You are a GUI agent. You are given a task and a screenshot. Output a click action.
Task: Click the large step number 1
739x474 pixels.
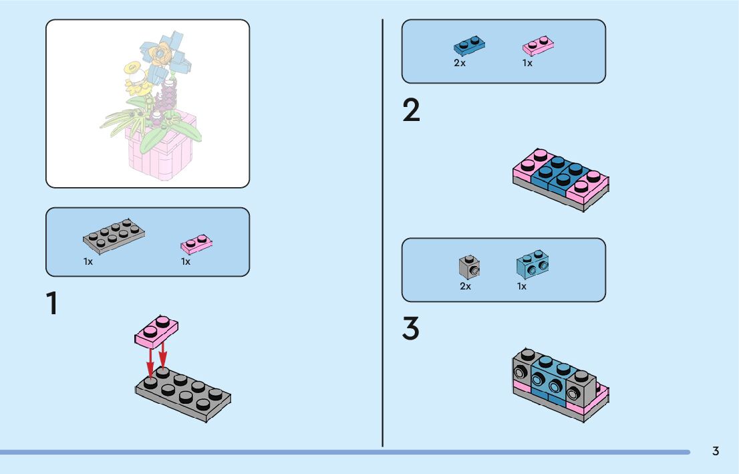pos(51,304)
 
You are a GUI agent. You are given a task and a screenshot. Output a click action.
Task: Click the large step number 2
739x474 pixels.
pos(412,111)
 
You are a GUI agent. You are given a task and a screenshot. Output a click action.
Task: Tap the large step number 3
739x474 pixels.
pos(411,329)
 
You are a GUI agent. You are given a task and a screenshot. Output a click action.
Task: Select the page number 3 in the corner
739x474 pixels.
pos(716,451)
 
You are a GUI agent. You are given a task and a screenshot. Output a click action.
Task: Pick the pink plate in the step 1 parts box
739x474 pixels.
pos(196,245)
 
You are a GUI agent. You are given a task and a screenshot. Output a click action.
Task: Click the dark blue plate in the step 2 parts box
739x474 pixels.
pos(469,45)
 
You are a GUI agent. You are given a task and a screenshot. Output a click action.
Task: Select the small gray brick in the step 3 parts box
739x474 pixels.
pos(470,267)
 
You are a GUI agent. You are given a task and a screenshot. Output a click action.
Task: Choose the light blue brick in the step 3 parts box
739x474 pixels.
pos(533,265)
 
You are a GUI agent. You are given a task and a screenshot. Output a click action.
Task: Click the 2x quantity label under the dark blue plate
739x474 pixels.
pos(460,64)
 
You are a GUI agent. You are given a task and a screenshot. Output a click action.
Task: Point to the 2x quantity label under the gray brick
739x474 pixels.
pos(465,286)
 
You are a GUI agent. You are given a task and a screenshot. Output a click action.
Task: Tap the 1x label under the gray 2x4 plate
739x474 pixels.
pos(88,262)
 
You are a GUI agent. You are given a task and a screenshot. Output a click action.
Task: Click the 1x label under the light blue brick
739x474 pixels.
pos(522,286)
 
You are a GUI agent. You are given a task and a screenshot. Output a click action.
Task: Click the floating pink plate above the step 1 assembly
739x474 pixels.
pos(156,331)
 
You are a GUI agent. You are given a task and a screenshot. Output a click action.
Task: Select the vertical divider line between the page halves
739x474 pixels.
pos(383,234)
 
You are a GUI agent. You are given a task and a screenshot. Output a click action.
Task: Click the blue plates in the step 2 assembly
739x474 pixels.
pos(557,174)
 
